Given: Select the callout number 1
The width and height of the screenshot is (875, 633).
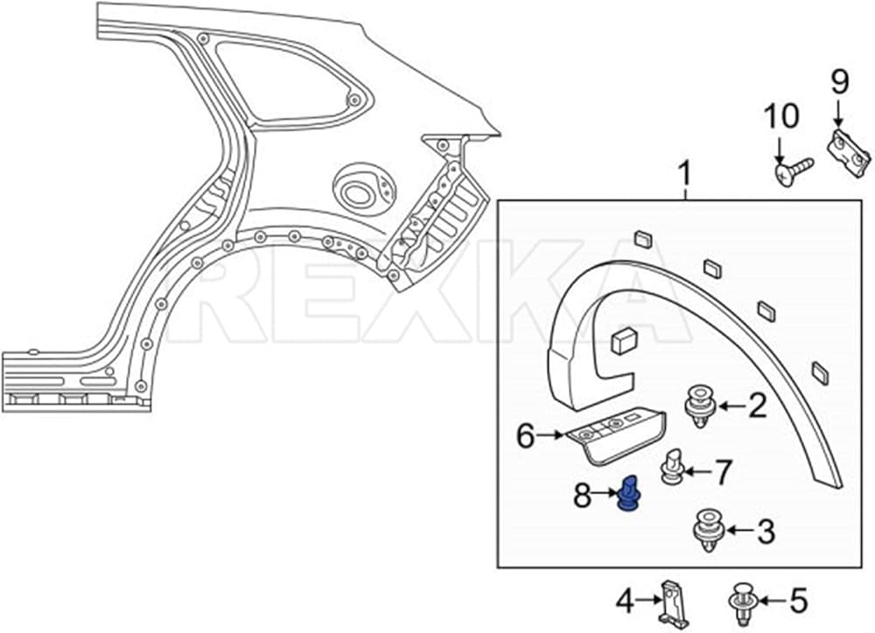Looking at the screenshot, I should point(684,177).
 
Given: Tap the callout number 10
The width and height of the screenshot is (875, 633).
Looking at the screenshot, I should point(780,117).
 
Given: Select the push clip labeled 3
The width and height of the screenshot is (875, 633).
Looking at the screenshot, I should point(706,529).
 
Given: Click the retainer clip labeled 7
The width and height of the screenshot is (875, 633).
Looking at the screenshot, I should point(671,465).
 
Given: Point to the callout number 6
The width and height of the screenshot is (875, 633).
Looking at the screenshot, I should point(525,435).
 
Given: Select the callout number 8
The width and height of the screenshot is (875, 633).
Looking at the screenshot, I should point(582,497).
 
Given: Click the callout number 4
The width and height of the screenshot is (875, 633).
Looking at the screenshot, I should point(624,601).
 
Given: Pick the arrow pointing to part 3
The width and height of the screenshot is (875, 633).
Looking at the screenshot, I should point(737,529).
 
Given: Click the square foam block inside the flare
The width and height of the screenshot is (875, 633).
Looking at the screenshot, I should point(624,342).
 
